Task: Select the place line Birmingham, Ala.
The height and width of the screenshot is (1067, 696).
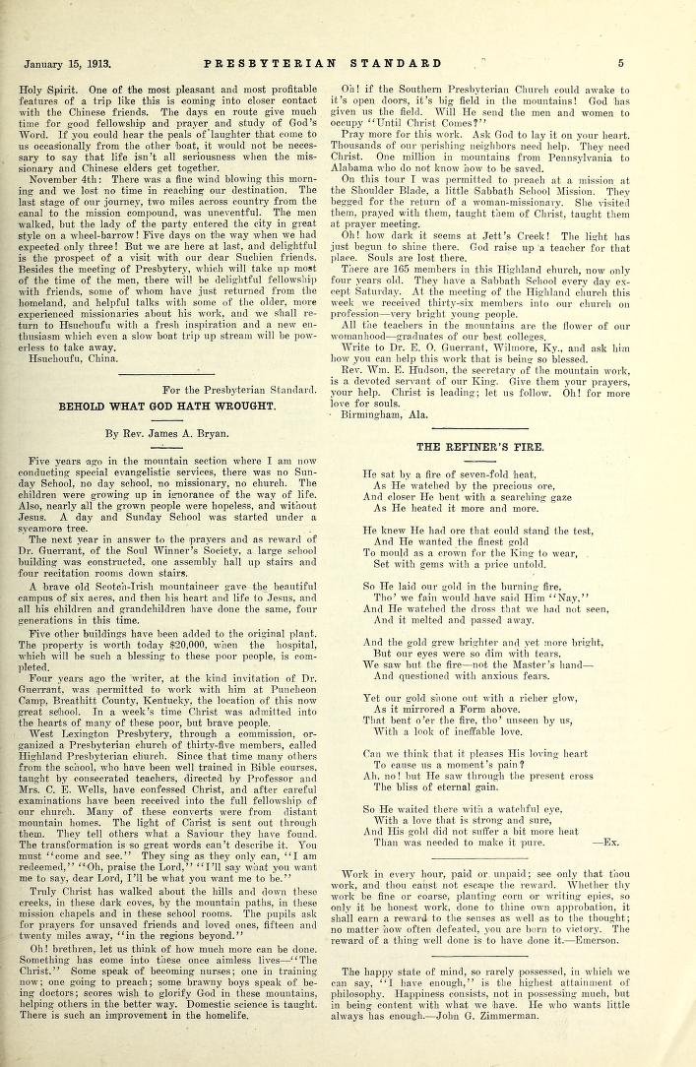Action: [x=407, y=415]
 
